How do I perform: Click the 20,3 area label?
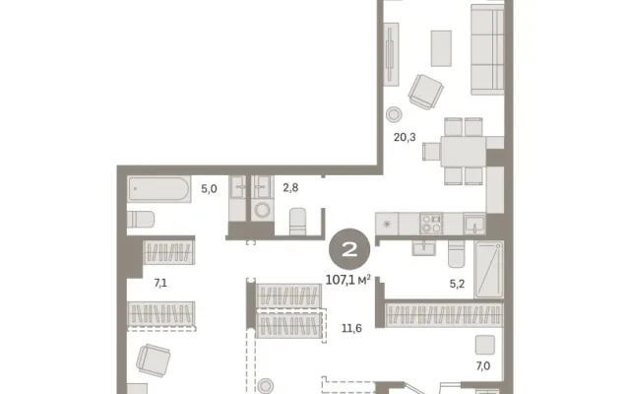coord(405,137)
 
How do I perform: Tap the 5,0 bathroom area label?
coord(209,188)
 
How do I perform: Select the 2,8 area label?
coord(290,187)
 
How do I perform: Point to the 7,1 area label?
coord(160,283)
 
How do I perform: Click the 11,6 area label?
coord(351,328)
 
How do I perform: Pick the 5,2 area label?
coord(457,284)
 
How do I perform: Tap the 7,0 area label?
coord(483,365)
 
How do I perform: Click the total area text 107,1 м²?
coord(347,280)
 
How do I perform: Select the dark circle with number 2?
coord(349,249)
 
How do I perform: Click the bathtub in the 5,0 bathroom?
coord(159,189)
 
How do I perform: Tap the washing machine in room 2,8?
coord(263,210)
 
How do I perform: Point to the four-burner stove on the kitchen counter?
coord(431,224)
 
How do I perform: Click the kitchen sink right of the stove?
coord(474,224)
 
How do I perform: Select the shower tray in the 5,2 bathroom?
coord(488,269)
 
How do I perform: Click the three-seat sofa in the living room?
coord(487,50)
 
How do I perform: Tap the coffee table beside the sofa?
coord(441,48)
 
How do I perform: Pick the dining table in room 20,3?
coord(464,152)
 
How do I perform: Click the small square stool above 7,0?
coord(485,345)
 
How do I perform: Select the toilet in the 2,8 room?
coord(297,221)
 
